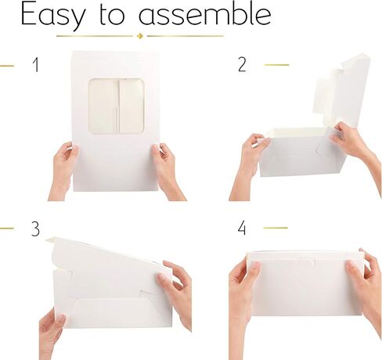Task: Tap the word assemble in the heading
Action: pyautogui.click(x=205, y=14)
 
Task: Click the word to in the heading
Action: pyautogui.click(x=111, y=15)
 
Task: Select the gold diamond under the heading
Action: pyautogui.click(x=140, y=36)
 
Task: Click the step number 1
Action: pyautogui.click(x=36, y=65)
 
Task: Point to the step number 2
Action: pyautogui.click(x=242, y=64)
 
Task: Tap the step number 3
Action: pyautogui.click(x=35, y=229)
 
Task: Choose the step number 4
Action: pyautogui.click(x=242, y=228)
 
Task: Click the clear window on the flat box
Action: pyautogui.click(x=116, y=106)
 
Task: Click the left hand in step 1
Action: pyautogui.click(x=63, y=170)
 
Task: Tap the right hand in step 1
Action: pyautogui.click(x=167, y=171)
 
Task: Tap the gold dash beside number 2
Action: pyautogui.click(x=276, y=65)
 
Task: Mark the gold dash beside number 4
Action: pyautogui.click(x=276, y=228)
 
